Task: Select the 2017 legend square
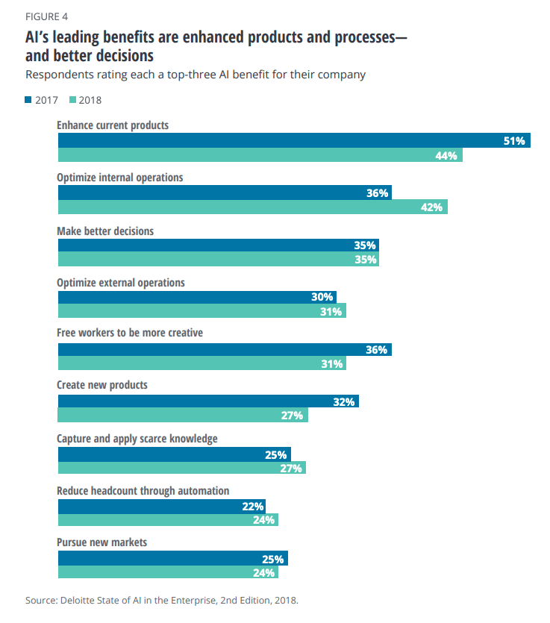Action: point(28,99)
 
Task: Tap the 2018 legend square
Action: point(72,99)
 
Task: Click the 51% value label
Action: point(514,140)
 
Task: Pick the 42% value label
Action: point(431,207)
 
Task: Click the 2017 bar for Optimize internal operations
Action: point(224,192)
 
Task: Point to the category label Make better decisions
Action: point(105,231)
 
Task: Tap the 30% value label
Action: point(322,297)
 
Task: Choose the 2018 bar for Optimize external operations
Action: point(201,312)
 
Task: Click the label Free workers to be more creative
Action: point(130,333)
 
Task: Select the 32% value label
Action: point(343,401)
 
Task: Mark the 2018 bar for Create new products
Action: point(183,416)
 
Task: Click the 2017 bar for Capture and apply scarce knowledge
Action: point(174,454)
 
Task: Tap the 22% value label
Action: point(253,506)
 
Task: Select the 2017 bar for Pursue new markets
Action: point(172,558)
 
